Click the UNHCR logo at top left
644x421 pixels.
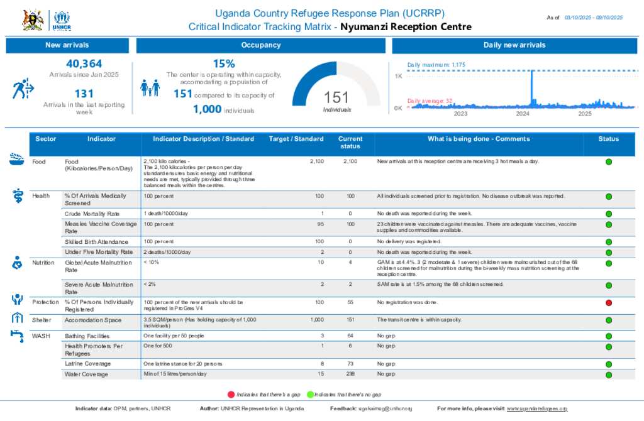(x=62, y=20)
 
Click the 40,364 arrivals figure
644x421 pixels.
(x=84, y=63)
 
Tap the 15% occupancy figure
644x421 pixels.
(x=224, y=63)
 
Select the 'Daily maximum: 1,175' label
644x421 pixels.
(x=436, y=65)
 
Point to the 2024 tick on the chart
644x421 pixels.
(x=523, y=114)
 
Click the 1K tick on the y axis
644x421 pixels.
(x=398, y=76)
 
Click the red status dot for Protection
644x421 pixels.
(x=608, y=303)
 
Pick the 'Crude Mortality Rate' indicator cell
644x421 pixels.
(x=92, y=214)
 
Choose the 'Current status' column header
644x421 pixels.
(x=350, y=142)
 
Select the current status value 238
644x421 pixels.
(x=350, y=374)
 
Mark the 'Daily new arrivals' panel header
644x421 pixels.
(x=514, y=45)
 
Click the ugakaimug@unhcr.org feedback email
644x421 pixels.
(x=385, y=408)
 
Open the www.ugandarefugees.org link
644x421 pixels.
(x=537, y=408)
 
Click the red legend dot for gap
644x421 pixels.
(x=231, y=394)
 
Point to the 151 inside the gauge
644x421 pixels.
(x=336, y=97)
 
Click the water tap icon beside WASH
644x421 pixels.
(x=17, y=335)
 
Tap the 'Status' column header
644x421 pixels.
(x=608, y=139)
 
